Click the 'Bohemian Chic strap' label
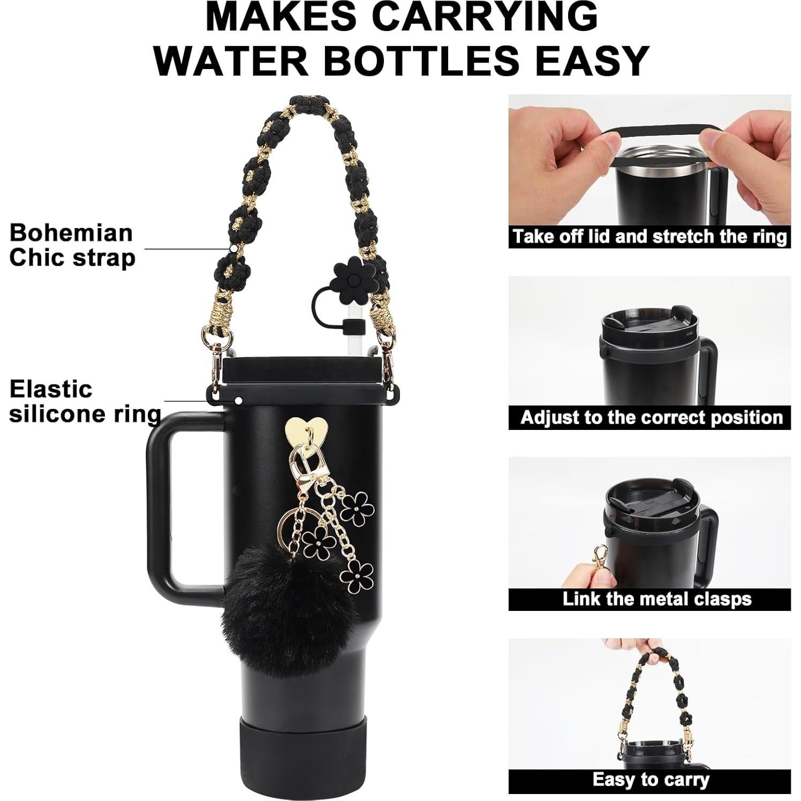point(72,245)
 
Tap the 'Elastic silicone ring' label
point(85,401)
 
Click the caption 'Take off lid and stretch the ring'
point(649,237)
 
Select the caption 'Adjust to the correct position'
point(651,417)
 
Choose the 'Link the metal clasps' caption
point(656,599)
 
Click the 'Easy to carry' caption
point(650,780)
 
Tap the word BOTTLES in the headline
point(421,61)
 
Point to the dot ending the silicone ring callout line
point(238,400)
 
